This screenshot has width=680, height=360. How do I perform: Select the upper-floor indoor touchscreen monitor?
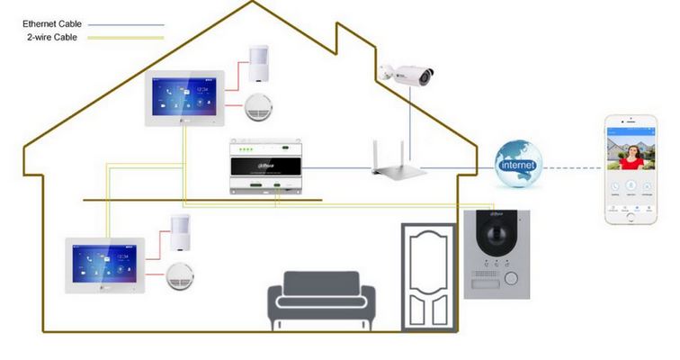coord(185,96)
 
